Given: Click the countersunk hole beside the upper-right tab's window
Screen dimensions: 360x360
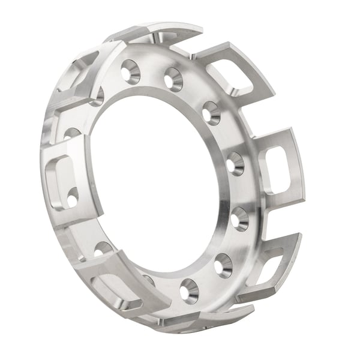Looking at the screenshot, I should click(211, 112).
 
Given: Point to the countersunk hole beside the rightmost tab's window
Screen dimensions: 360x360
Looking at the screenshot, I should click(235, 164).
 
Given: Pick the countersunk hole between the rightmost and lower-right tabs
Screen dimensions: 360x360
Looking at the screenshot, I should click(239, 218).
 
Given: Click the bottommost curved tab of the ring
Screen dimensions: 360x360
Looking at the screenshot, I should click(204, 318).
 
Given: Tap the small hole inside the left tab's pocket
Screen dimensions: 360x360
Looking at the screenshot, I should click(72, 197).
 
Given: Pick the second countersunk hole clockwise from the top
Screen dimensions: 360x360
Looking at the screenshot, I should click(173, 79).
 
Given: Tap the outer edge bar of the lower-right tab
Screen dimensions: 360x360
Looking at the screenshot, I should click(288, 264).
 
